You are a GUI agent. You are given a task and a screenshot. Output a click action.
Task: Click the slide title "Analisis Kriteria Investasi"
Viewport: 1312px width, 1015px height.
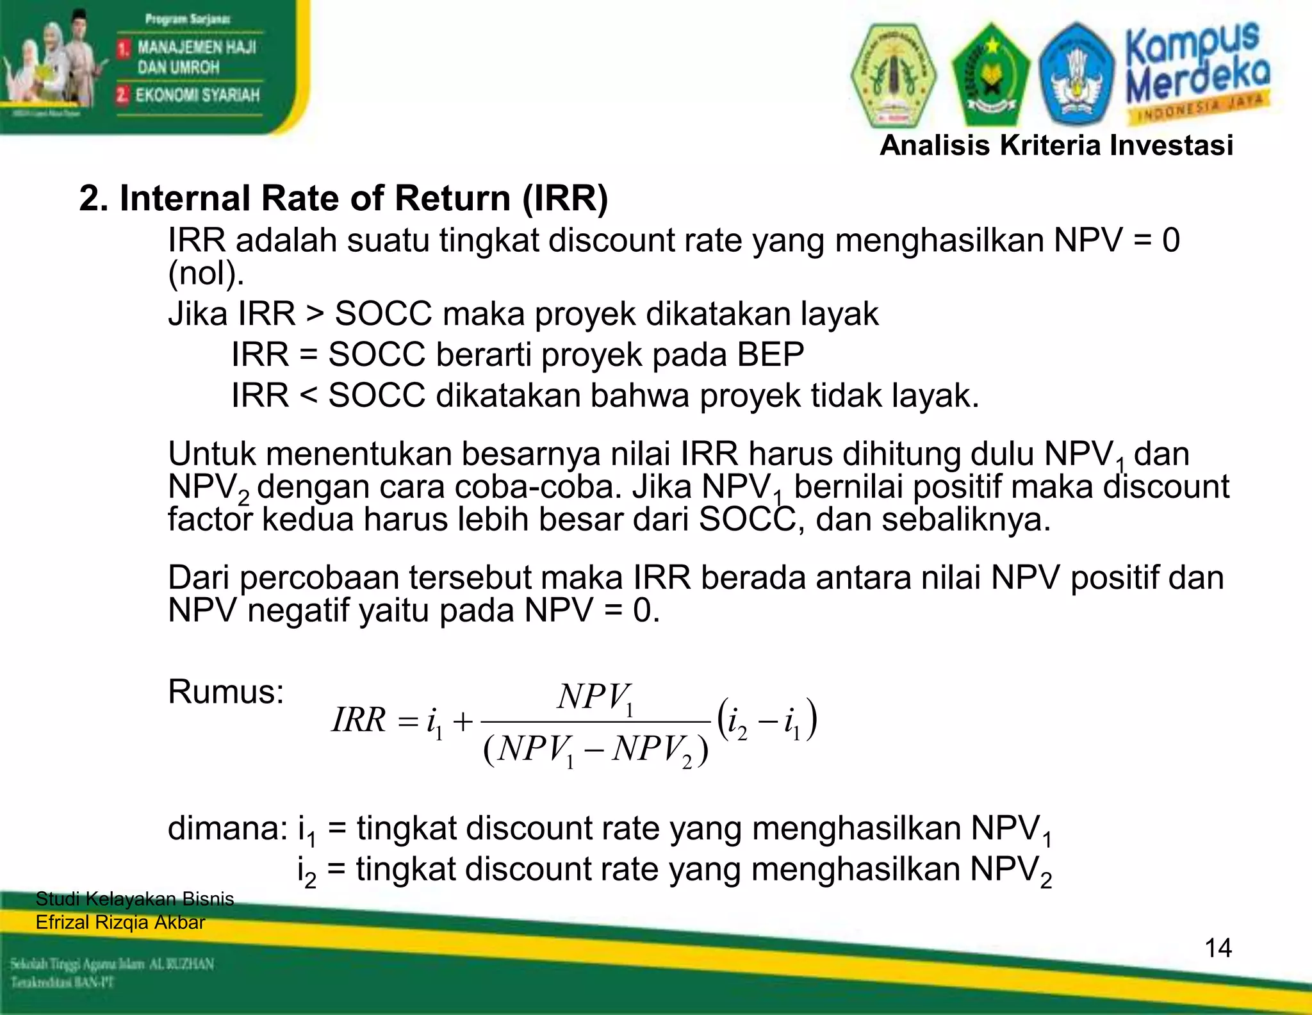[x=1056, y=145]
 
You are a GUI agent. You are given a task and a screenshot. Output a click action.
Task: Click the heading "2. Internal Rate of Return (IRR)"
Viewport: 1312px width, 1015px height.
[x=343, y=198]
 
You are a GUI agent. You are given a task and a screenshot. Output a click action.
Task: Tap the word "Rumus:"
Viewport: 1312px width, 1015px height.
[x=225, y=692]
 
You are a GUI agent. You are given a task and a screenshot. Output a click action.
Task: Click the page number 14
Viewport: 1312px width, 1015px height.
[x=1218, y=948]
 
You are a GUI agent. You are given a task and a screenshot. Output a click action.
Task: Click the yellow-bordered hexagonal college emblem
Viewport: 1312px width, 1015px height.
[x=893, y=76]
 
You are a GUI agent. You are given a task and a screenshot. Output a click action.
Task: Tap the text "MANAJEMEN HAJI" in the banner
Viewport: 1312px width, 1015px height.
[x=197, y=47]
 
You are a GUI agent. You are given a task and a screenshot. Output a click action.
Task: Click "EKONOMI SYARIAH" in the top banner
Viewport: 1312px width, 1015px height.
[x=197, y=95]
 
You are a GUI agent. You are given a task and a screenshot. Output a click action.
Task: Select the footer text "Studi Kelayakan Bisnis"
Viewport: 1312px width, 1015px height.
[x=135, y=899]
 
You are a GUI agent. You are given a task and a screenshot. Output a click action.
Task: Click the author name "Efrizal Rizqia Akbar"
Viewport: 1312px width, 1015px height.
[x=120, y=923]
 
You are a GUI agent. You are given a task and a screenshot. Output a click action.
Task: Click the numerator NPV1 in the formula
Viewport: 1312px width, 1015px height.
[x=596, y=698]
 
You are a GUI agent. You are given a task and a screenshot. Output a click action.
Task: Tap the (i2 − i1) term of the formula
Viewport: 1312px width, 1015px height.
[x=767, y=720]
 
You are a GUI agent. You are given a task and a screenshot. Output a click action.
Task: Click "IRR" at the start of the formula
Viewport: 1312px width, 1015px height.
[x=359, y=720]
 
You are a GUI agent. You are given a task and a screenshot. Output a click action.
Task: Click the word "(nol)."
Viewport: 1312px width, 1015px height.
[x=206, y=274]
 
